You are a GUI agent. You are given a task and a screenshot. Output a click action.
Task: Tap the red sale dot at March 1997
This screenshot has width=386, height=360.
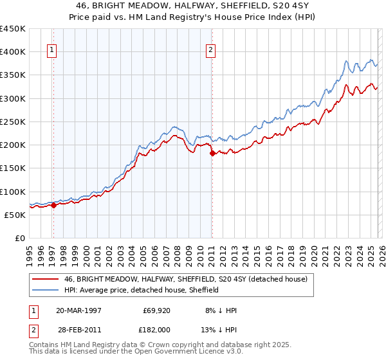53,206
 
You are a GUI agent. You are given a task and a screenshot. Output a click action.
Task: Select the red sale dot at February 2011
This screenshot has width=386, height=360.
212,154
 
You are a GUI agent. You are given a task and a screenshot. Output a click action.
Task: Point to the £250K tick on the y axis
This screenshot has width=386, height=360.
13,122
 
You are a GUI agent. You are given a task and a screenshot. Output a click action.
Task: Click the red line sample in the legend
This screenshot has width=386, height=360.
44,279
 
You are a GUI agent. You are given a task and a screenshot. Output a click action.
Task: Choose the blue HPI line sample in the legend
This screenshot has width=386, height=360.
44,290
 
